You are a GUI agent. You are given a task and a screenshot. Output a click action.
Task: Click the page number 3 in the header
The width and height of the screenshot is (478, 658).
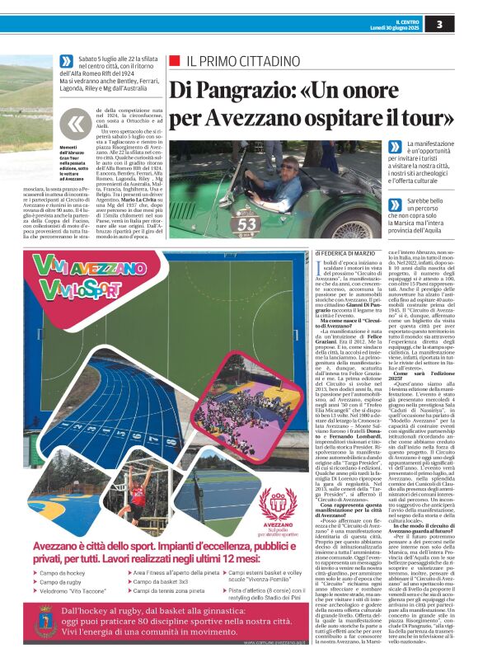(x=462, y=25)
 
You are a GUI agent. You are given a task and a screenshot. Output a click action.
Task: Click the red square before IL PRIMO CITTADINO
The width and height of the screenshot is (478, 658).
(x=174, y=61)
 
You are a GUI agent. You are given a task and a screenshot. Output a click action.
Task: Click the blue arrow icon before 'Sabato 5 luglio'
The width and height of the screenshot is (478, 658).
(x=67, y=60)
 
